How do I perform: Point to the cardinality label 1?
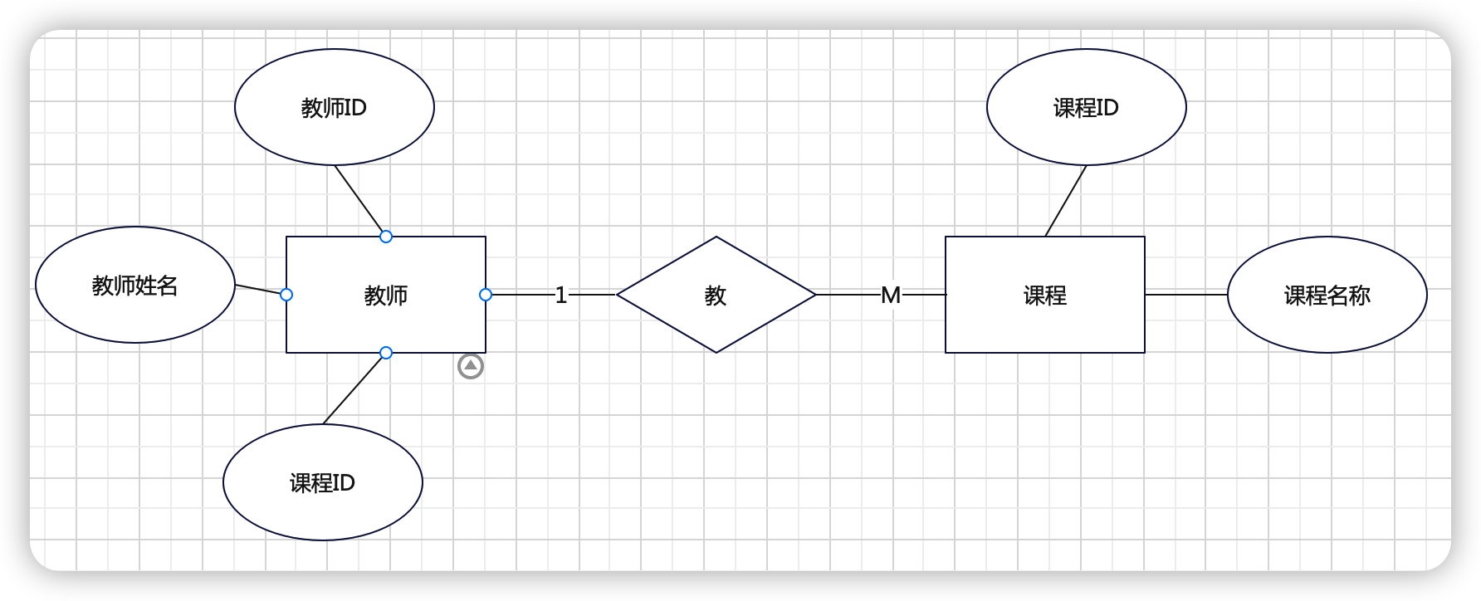[561, 295]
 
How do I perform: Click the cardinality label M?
[891, 295]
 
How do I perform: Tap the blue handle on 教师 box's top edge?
[386, 237]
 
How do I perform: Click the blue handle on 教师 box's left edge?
[286, 295]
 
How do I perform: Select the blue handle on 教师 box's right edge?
[486, 295]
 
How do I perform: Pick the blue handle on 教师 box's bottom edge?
[386, 353]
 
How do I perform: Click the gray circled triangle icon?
[471, 366]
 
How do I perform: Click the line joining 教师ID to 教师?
[359, 199]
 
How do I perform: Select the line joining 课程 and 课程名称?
[1185, 294]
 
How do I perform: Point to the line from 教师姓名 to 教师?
[259, 290]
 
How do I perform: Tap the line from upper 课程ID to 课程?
[1066, 200]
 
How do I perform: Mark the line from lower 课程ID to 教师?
[353, 389]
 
